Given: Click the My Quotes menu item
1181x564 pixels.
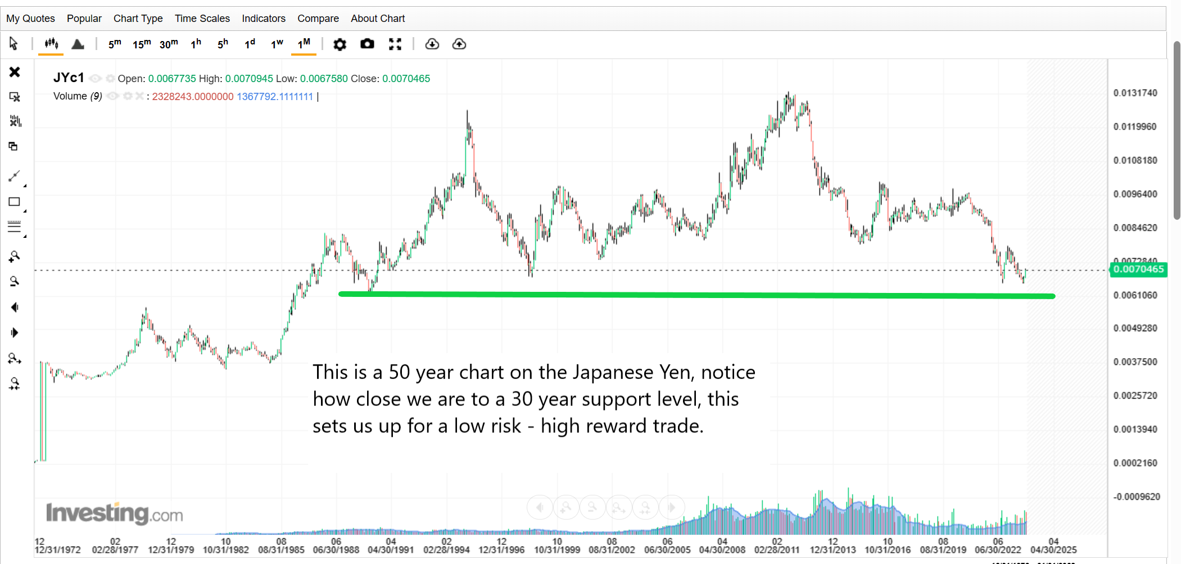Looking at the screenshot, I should pyautogui.click(x=30, y=19).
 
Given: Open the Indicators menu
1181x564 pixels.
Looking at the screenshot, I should pyautogui.click(x=264, y=19).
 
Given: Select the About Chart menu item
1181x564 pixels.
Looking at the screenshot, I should pyautogui.click(x=378, y=19).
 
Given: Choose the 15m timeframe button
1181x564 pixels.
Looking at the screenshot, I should pyautogui.click(x=142, y=44).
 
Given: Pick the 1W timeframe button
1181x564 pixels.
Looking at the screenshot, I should pyautogui.click(x=277, y=44).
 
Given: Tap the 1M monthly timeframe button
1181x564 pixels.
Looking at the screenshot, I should pyautogui.click(x=304, y=44).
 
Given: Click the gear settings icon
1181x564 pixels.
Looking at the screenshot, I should pyautogui.click(x=340, y=44).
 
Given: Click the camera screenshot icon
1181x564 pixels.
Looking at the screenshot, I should pyautogui.click(x=367, y=44).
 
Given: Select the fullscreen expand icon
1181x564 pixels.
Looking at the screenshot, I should pyautogui.click(x=395, y=44).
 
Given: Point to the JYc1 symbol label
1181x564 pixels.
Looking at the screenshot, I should pyautogui.click(x=69, y=78).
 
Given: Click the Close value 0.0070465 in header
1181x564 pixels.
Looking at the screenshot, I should pyautogui.click(x=406, y=79).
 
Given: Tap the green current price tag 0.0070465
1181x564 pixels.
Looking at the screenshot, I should pyautogui.click(x=1138, y=269).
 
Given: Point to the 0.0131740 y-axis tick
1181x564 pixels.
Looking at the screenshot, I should pyautogui.click(x=1135, y=93).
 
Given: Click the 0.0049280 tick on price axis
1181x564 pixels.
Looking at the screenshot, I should pyautogui.click(x=1135, y=328).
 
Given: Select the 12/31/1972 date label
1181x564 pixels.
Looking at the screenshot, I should pyautogui.click(x=58, y=550).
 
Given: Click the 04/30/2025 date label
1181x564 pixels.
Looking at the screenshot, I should pyautogui.click(x=1053, y=550).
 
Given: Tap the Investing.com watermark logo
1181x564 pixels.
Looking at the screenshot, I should pyautogui.click(x=114, y=513).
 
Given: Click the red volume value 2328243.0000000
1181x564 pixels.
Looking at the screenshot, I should pyautogui.click(x=192, y=97).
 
